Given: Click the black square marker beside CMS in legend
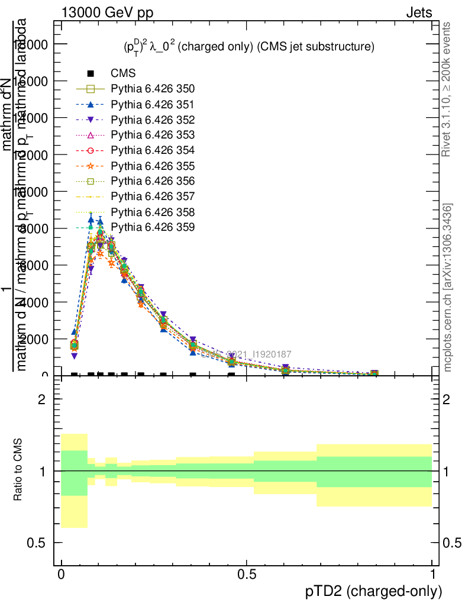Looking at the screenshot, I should click(x=91, y=74).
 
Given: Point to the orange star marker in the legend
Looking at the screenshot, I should click(x=91, y=166).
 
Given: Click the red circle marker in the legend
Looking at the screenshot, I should click(x=91, y=150).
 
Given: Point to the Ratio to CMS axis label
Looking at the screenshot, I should click(x=18, y=470).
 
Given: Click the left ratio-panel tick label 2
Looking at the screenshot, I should click(x=43, y=399).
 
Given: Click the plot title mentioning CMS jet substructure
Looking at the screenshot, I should click(x=245, y=47).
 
